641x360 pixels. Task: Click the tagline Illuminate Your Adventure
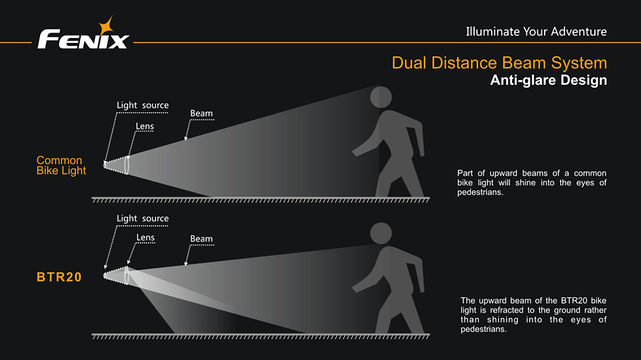[x=536, y=31]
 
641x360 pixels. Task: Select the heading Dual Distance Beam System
[x=499, y=63]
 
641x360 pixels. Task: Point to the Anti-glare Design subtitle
[x=548, y=81]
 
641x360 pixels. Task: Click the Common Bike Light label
[x=61, y=165]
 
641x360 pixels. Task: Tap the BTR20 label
[x=59, y=277]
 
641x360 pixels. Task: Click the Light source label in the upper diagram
[x=142, y=105]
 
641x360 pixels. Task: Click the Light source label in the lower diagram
[x=142, y=218]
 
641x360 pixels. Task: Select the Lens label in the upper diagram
[x=144, y=126]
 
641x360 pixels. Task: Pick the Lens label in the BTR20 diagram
[x=145, y=237]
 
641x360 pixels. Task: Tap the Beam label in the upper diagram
[x=201, y=114]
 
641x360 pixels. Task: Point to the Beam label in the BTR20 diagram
[x=201, y=239]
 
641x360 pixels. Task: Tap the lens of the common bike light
[x=127, y=164]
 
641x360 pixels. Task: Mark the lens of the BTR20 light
[x=127, y=275]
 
